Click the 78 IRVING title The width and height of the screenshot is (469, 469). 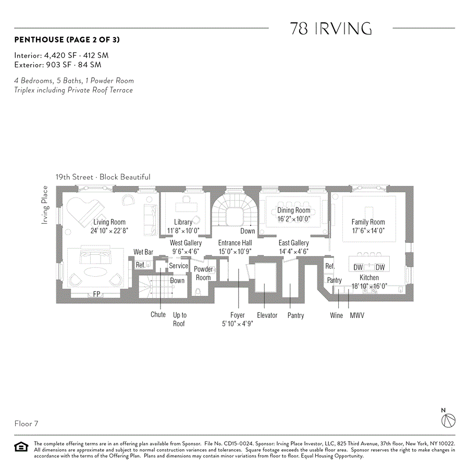pos(331,29)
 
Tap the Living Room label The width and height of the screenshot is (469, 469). pos(109,222)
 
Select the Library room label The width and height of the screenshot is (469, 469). pos(183,222)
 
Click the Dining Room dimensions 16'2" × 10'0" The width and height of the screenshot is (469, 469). pos(293,219)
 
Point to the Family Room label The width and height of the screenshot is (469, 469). pos(368,222)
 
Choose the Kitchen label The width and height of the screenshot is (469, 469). pos(369,278)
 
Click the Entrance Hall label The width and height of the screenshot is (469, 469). pos(234,243)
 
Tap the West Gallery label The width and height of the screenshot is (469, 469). pos(186,243)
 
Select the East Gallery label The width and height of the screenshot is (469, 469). pos(293,243)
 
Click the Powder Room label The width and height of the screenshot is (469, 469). pos(203,274)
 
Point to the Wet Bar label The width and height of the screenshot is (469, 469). pos(143,252)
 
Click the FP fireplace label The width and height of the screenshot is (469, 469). pos(96,294)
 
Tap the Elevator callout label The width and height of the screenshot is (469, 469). pos(267,315)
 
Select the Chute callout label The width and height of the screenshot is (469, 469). pos(158,315)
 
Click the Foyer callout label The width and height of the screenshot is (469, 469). pos(238,315)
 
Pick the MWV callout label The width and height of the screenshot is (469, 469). pos(357,315)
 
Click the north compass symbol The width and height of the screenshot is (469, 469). pos(448,420)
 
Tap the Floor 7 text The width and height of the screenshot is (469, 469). pos(26,424)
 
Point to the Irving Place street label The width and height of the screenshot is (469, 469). pos(45,205)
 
